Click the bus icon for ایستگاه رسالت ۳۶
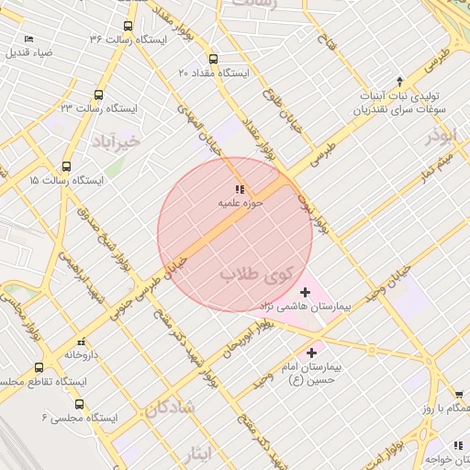coord(127,27)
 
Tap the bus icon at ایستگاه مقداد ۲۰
coord(213,58)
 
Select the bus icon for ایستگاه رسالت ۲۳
coord(99,95)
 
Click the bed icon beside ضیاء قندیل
coord(28,39)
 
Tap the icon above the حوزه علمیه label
coord(241,189)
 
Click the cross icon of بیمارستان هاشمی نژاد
coord(305,292)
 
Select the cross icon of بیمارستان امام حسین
coord(312,352)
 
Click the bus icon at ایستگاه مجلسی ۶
coord(79,403)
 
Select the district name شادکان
coord(169,407)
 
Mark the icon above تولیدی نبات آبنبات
coord(399,82)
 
